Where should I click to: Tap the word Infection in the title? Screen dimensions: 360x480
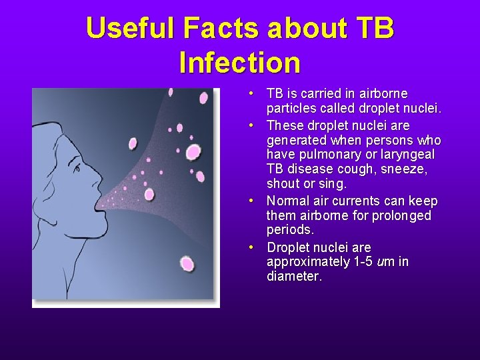[240, 63]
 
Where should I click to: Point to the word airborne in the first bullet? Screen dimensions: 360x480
[383, 93]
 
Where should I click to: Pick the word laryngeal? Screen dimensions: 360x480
[407, 155]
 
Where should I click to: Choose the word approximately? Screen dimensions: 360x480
[304, 261]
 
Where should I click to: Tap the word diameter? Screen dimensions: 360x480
[293, 276]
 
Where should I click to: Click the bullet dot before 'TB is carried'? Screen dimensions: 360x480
[249, 93]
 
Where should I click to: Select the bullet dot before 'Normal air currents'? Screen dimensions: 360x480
[249, 201]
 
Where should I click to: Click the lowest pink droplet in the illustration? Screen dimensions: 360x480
[187, 264]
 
